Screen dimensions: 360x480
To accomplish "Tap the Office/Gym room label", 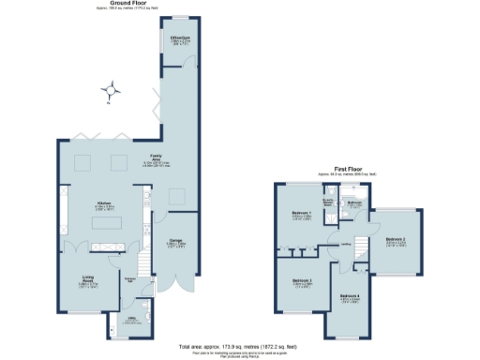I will (x=180, y=39).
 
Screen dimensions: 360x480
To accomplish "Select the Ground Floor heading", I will (x=124, y=4).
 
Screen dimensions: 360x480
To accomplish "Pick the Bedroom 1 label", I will (x=303, y=215).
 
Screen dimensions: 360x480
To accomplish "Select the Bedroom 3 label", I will (x=301, y=281).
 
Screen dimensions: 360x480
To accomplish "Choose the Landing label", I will (x=346, y=246).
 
